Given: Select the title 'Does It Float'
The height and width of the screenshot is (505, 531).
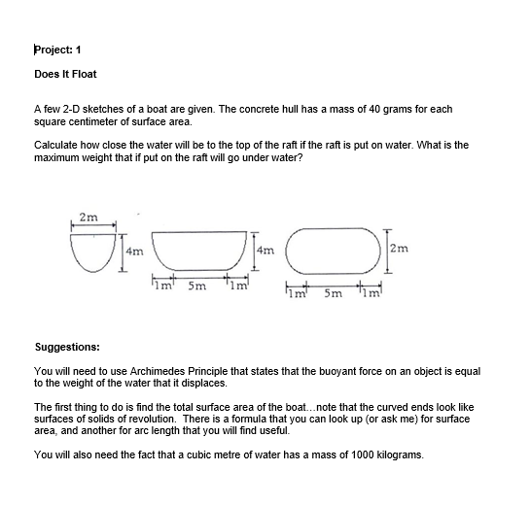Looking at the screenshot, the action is point(65,74).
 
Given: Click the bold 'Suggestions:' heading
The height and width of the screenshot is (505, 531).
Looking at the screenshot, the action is point(66,346).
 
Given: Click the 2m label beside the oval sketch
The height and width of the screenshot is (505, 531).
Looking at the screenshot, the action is point(400,250).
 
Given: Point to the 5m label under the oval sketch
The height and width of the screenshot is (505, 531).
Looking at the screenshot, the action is point(332,290).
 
